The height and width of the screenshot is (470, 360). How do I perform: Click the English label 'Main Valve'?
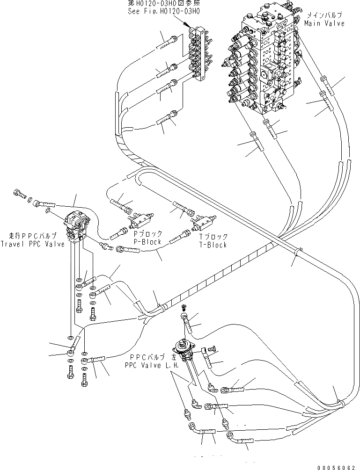coord(324,23)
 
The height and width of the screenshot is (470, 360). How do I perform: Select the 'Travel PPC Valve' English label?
coord(32,244)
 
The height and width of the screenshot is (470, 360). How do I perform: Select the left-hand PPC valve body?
coord(185,350)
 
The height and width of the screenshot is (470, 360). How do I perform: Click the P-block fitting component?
coord(140,217)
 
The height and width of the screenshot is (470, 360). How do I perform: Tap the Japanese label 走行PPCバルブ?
coord(33,235)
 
